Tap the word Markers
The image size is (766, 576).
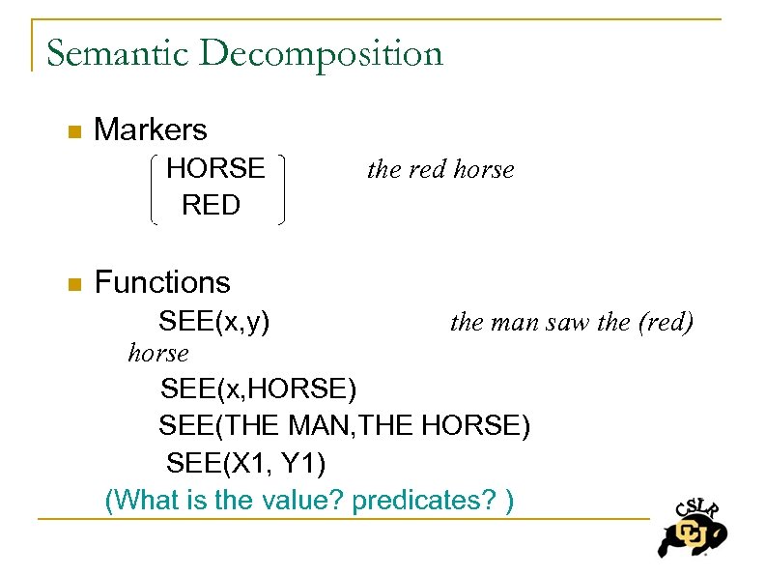(x=150, y=130)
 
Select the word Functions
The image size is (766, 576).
(x=162, y=282)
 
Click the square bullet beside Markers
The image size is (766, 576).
(x=71, y=131)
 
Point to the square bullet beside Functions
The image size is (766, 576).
(x=71, y=284)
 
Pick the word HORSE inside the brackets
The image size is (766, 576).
(x=215, y=168)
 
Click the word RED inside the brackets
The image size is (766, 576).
(x=211, y=205)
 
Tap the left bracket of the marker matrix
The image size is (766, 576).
(x=156, y=187)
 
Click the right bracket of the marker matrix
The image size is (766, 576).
(x=281, y=187)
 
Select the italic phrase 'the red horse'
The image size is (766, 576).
(x=440, y=170)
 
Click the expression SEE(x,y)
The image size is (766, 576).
(x=214, y=320)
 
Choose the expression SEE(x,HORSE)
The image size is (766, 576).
(x=258, y=389)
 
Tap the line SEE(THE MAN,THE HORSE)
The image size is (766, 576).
(x=344, y=425)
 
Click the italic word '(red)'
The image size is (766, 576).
(x=666, y=322)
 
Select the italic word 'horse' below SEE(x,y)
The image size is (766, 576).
(x=158, y=354)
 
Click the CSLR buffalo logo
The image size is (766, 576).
(x=692, y=528)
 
